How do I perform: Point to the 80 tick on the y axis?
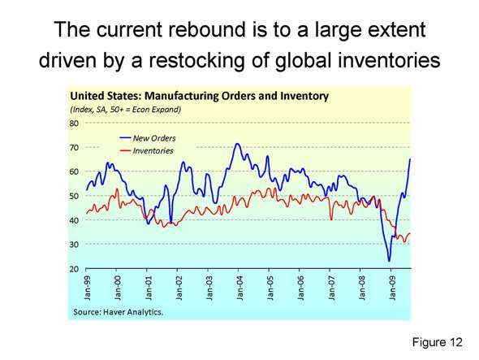click(x=73, y=124)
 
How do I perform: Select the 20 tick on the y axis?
click(x=73, y=268)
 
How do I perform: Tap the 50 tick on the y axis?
click(x=73, y=196)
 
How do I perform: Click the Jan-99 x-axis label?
click(x=87, y=286)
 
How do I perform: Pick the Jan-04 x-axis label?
click(x=239, y=286)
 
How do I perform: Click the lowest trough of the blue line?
click(x=389, y=261)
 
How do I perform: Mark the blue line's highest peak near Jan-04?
click(x=237, y=145)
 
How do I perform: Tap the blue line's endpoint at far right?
click(x=410, y=159)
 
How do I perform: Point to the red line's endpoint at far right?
click(x=410, y=234)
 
